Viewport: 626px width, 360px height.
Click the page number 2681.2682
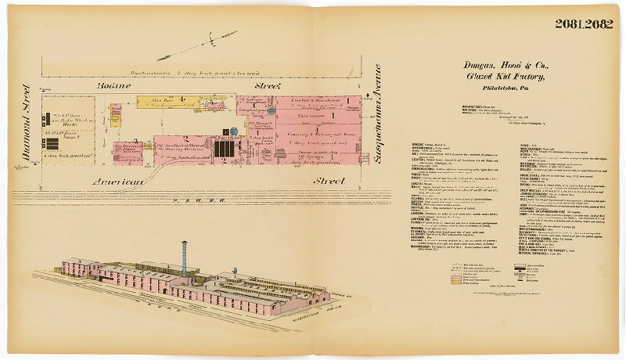point(584,23)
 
